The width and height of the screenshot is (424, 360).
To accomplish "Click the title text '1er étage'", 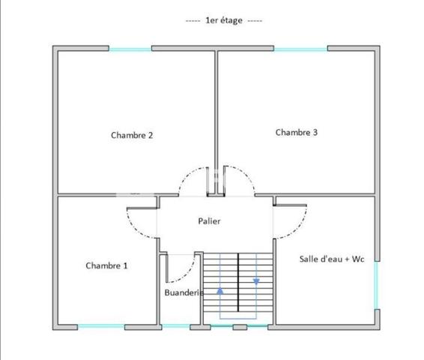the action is coord(224,20).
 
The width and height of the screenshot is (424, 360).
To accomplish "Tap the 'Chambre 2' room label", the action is coord(132,135).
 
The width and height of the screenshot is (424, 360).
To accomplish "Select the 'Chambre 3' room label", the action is coord(297,132).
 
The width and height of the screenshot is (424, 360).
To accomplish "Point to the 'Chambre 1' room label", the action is coord(106,265).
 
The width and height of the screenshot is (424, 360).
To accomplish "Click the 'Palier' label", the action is coord(209,221).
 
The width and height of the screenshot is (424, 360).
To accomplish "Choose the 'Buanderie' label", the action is coord(184,292).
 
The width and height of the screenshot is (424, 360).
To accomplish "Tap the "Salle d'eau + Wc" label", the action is coord(332,259).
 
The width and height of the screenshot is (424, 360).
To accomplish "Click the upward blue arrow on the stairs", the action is coord(220,291).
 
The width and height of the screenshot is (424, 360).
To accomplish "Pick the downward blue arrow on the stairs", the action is coord(256,282).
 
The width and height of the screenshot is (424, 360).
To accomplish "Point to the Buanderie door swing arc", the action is coord(187,274).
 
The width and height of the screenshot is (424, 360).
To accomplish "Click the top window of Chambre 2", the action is coord(130,49).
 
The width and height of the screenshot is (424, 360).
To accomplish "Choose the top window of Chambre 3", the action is coord(300,49).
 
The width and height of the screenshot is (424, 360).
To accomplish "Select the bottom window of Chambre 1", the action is coord(101,326).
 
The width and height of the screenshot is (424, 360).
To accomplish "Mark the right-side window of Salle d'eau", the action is coord(376,285).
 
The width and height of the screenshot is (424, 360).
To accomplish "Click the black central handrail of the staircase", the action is coord(238,282).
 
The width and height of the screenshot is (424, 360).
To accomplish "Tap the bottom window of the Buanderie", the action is coord(176,326).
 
